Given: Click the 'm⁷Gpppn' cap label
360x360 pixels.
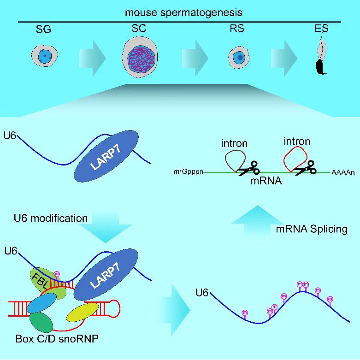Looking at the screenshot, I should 187,173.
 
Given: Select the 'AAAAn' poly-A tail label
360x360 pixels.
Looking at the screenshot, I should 343,173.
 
